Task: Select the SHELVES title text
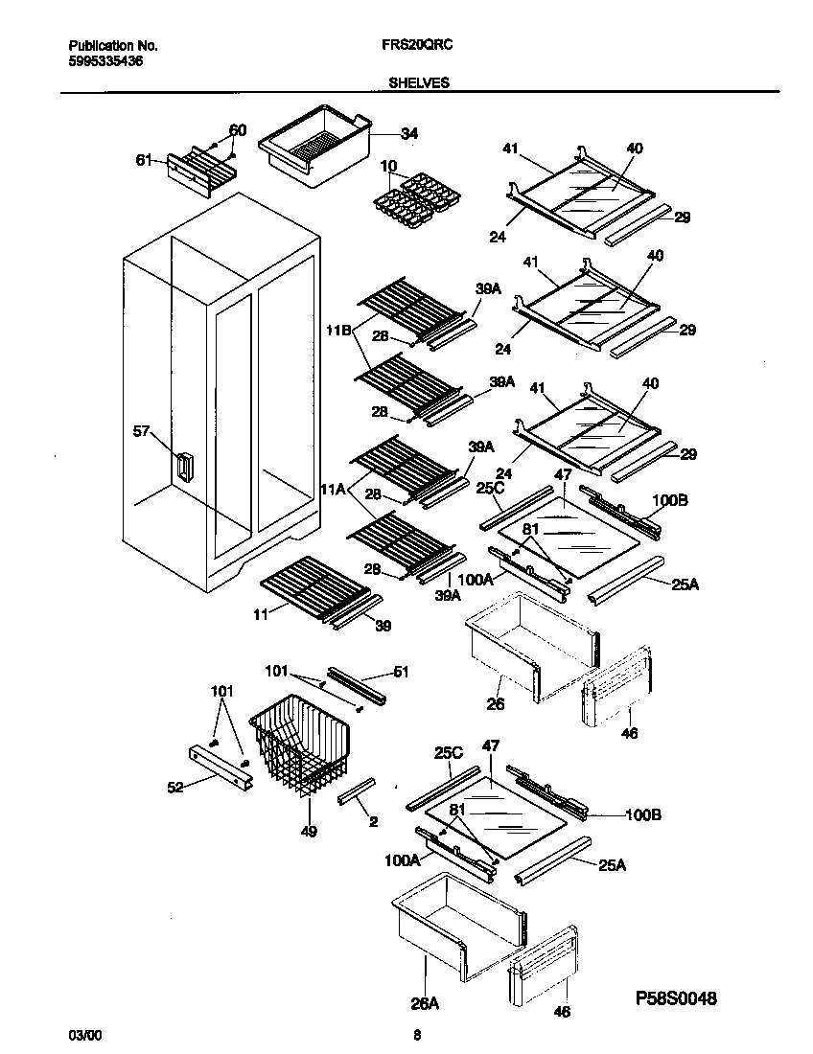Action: [x=418, y=83]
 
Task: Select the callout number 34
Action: [x=408, y=133]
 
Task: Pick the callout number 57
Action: [x=141, y=431]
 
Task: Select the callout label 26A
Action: [x=425, y=1003]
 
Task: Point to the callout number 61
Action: [x=144, y=160]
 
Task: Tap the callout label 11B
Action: [x=337, y=331]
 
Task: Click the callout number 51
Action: [x=401, y=672]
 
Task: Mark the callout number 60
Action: [x=237, y=129]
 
